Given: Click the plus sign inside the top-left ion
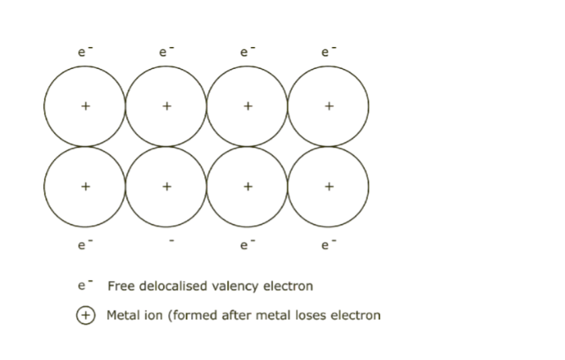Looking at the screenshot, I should pyautogui.click(x=85, y=106).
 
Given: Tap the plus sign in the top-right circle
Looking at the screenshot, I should pyautogui.click(x=329, y=106).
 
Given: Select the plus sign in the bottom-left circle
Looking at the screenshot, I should pyautogui.click(x=85, y=187).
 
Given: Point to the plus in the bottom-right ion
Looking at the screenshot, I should pyautogui.click(x=329, y=187).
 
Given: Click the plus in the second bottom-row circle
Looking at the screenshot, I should pyautogui.click(x=167, y=187).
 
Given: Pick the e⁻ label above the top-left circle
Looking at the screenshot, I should pyautogui.click(x=84, y=52).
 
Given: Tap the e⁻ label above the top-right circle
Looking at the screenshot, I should pyautogui.click(x=328, y=52).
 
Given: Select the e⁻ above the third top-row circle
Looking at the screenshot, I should pyautogui.click(x=247, y=52).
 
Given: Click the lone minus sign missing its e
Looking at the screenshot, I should pyautogui.click(x=171, y=242).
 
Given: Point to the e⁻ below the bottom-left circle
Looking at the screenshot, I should pyautogui.click(x=84, y=245).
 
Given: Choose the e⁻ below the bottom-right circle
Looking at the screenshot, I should pyautogui.click(x=328, y=245).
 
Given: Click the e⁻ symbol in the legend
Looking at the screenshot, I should pyautogui.click(x=84, y=286).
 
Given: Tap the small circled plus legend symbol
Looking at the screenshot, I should pyautogui.click(x=85, y=315).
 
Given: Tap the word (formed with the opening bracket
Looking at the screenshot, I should pyautogui.click(x=185, y=315).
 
